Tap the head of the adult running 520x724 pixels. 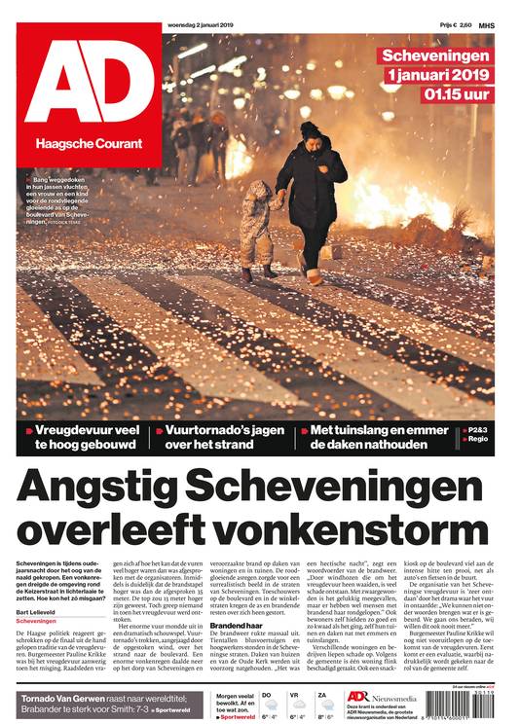click(311, 131)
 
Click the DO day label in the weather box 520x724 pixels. click(268, 695)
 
